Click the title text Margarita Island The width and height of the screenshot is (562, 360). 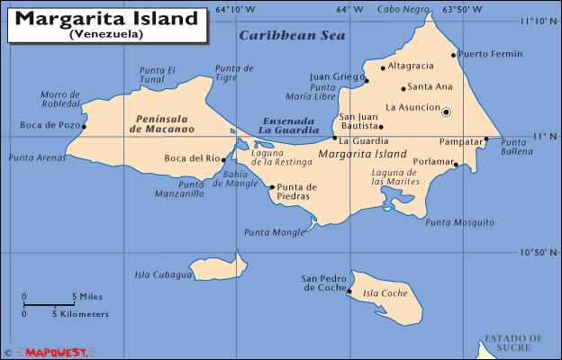coord(106,18)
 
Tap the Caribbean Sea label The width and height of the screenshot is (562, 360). coord(278,35)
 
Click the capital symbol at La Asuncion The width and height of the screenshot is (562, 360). coord(446,112)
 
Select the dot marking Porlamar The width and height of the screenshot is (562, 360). coord(456,165)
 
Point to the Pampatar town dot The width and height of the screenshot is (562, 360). coord(486,139)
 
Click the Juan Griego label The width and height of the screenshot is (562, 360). coord(336,76)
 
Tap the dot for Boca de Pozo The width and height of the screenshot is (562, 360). coord(84,126)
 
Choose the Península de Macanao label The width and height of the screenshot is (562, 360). coord(162,123)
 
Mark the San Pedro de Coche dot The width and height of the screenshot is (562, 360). coord(349,291)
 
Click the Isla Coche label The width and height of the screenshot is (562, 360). coord(385,293)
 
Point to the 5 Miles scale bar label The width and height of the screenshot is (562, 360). coord(87,296)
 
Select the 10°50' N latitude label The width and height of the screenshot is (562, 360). coord(539,252)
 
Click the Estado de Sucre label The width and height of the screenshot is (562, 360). coord(512,343)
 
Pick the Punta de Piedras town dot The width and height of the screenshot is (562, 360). coord(272,187)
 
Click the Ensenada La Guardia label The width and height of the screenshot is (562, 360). coord(289,125)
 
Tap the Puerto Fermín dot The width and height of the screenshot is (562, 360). coord(454,54)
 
